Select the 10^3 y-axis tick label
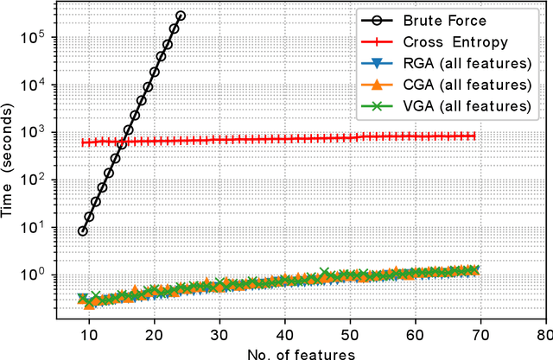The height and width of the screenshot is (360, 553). click(x=37, y=132)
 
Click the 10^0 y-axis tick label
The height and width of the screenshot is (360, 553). click(x=37, y=275)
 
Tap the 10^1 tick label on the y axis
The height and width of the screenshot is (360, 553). click(x=37, y=228)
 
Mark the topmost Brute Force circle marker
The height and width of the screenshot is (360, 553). click(x=181, y=16)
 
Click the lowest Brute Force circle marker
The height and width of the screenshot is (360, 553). click(x=83, y=231)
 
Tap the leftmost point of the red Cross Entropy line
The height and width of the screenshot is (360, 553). click(x=83, y=142)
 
